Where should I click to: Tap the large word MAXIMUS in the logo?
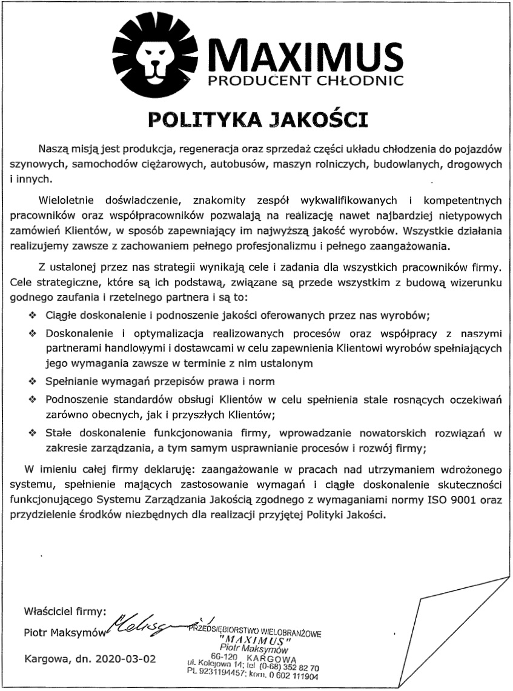(305, 55)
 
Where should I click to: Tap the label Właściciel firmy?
(64, 610)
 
